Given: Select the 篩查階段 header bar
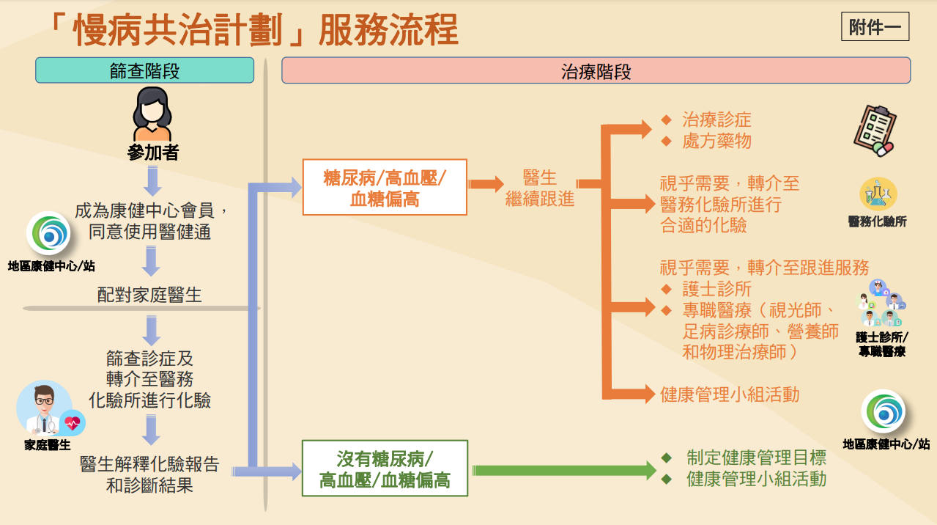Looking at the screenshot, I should [x=144, y=70].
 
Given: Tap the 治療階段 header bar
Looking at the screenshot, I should [x=596, y=70].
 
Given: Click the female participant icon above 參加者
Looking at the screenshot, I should [x=152, y=114].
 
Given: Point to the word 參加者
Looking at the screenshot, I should [x=152, y=153].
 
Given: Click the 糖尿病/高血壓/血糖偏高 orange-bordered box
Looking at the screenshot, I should [x=385, y=188].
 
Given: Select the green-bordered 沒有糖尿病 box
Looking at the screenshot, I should [x=385, y=469].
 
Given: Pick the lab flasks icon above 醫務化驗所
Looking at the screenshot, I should [x=878, y=195].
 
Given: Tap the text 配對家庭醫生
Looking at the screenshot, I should [x=149, y=295].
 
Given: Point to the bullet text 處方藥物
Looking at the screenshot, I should [x=716, y=141].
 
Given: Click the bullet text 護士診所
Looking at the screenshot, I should [x=716, y=289].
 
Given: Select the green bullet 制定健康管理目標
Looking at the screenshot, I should [x=756, y=458].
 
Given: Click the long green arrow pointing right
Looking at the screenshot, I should [x=564, y=470].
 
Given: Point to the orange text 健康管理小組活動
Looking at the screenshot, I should [x=729, y=394].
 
